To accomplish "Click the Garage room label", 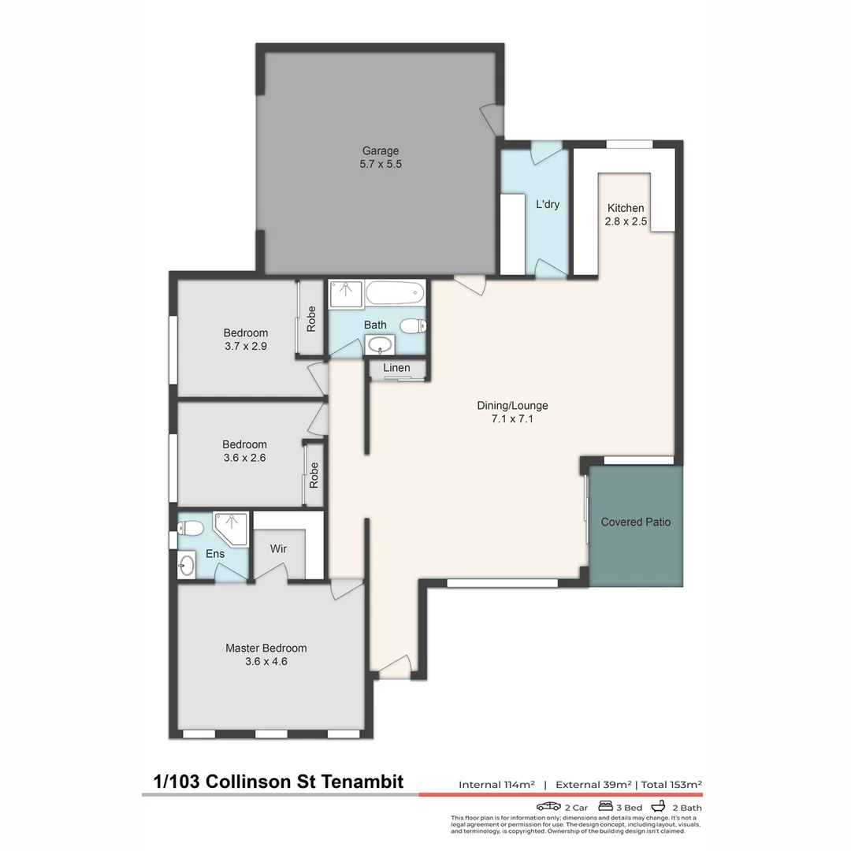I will (x=381, y=151).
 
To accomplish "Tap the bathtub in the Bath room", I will (x=395, y=295).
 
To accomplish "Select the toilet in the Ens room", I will (x=191, y=527).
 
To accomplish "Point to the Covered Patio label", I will (x=636, y=522).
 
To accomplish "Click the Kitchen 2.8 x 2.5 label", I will (x=626, y=215).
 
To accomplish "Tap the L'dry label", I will (x=548, y=204).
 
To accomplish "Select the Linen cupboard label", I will (x=396, y=368).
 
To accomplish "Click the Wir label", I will (x=278, y=548).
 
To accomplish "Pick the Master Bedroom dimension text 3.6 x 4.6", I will (x=266, y=662).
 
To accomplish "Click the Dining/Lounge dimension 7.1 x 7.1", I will (x=512, y=419).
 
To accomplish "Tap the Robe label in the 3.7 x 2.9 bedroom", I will (x=311, y=318).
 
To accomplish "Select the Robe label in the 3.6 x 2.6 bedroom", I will (x=314, y=474).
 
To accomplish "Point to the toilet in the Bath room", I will (x=411, y=325).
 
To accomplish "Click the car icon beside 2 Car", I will (x=548, y=806).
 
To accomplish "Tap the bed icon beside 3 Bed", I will (x=606, y=806).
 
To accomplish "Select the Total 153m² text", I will (x=671, y=784).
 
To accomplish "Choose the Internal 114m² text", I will (x=497, y=784).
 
